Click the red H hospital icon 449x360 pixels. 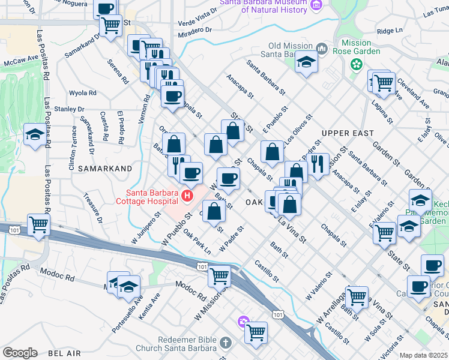tap(188, 196)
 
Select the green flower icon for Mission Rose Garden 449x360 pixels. tap(357, 63)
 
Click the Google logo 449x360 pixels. tap(20, 352)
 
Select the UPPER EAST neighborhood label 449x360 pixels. tap(348, 133)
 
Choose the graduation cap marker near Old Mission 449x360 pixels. tap(306, 62)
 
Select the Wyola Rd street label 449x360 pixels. tap(83, 93)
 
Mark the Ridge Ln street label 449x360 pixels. tap(390, 31)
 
